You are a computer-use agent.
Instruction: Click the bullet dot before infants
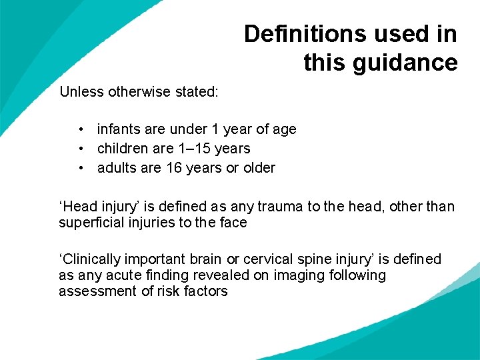[x=79, y=129]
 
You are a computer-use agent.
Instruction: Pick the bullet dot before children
[x=79, y=149]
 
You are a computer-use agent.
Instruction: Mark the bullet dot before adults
[x=79, y=168]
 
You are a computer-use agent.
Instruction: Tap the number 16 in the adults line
[x=174, y=168]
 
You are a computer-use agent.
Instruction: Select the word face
[x=233, y=223]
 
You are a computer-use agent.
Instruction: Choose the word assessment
[x=94, y=291]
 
